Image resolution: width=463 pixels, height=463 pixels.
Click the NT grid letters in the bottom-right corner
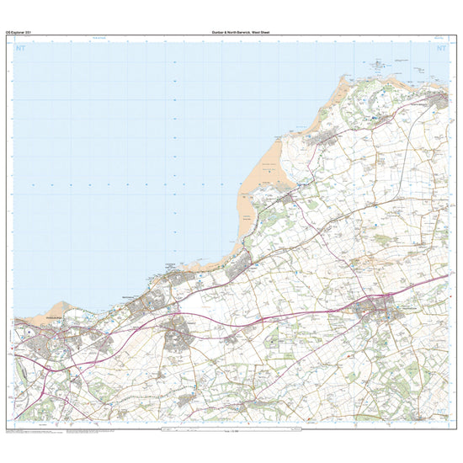pyautogui.click(x=440, y=418)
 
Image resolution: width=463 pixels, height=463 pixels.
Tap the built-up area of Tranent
pyautogui.click(x=177, y=338)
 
